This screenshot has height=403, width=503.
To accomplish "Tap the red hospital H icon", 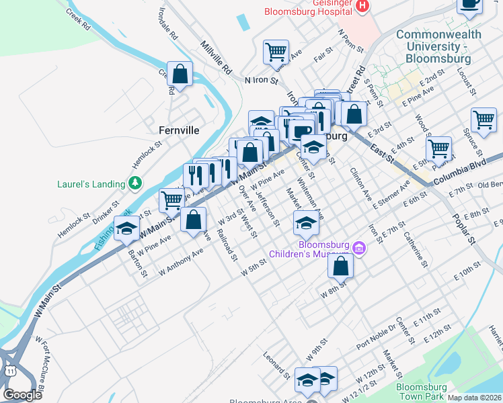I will [362, 6].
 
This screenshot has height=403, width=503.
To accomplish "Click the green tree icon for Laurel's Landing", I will [136, 183].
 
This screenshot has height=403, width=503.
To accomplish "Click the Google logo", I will [22, 395].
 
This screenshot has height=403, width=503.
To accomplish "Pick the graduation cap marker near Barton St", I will [126, 229].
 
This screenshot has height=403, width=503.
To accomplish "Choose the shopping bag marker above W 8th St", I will [341, 266].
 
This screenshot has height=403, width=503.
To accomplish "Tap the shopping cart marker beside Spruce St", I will [483, 121].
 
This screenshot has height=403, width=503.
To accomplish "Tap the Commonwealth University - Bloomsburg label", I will [438, 46].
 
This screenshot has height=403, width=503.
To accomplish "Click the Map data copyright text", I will [475, 398].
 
